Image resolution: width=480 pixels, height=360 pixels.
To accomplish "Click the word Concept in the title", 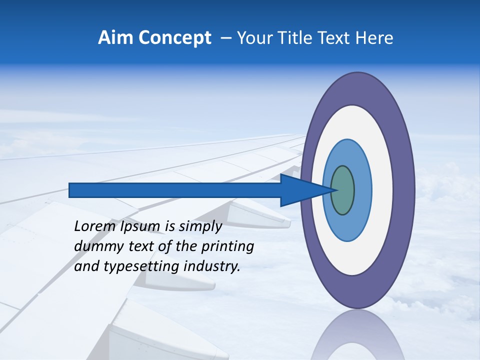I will click(x=175, y=38).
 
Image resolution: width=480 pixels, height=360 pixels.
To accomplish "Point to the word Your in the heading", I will click(x=254, y=38).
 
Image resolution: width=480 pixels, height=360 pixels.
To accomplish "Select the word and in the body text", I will click(x=86, y=266).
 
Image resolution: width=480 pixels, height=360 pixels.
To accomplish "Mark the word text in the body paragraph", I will click(x=137, y=246).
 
